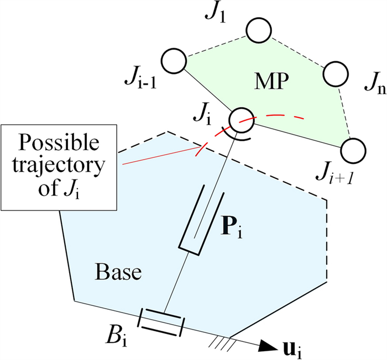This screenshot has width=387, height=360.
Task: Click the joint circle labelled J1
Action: coord(258,31)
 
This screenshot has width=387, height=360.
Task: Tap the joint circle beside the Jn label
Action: coord(334,74)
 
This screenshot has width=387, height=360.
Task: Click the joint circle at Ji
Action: coord(241,119)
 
